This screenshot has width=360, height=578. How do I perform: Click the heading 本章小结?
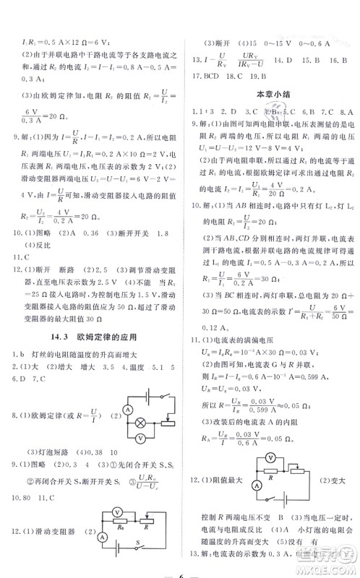click(x=271, y=93)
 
